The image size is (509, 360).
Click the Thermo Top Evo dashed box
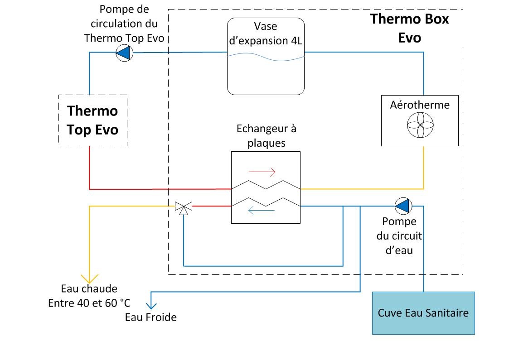coord(93,120)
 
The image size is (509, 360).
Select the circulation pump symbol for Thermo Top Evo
coord(123,53)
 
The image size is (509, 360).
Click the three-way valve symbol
coord(184,208)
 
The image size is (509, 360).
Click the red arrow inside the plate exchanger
coord(262,172)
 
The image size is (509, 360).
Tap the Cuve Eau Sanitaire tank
coord(423,313)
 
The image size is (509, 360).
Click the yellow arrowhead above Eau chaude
coord(89,278)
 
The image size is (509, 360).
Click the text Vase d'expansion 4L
coord(266,34)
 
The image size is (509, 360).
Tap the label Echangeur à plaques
coord(267,136)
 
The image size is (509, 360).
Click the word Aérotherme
coord(420,105)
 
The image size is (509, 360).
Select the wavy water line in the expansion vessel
coord(266,57)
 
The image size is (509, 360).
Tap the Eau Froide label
coord(150,317)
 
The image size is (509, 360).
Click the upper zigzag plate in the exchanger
coord(266,186)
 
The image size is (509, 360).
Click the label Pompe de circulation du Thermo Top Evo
coord(124,24)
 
